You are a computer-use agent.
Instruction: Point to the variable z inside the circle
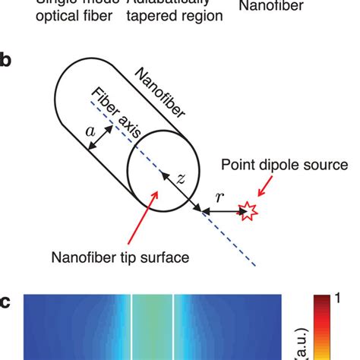[x=179, y=178]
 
